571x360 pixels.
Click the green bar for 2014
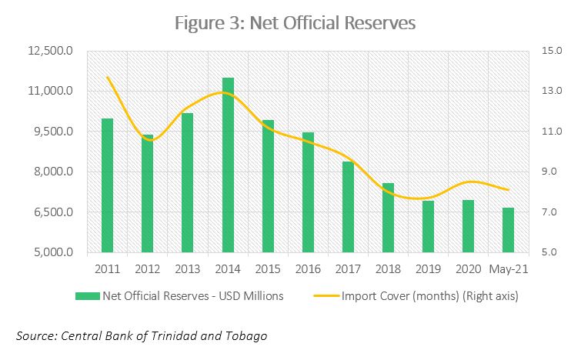pos(228,165)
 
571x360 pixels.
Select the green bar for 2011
pos(108,185)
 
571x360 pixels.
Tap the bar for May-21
pos(508,230)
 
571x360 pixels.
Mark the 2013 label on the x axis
pos(188,269)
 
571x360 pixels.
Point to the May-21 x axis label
pos(507,269)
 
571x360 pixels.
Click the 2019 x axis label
pos(428,269)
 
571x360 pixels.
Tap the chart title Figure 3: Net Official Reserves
pos(295,23)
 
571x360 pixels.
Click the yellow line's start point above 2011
pos(108,78)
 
